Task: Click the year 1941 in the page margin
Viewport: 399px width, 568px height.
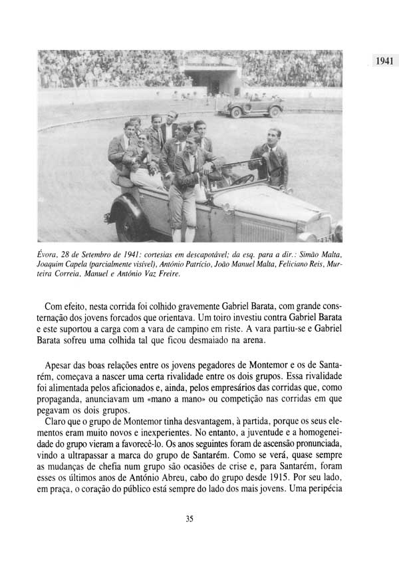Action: [x=385, y=61]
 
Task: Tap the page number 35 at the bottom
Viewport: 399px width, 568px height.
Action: [x=190, y=519]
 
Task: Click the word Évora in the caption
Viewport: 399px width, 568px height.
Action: [x=50, y=254]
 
